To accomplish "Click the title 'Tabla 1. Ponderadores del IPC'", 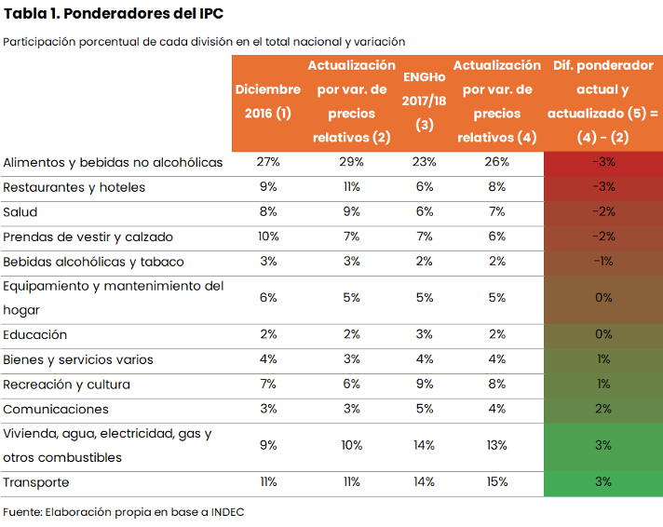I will (114, 14).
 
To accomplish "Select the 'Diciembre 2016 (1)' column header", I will (268, 101).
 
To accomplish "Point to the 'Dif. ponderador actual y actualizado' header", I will (603, 101).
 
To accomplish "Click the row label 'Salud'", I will (20, 212).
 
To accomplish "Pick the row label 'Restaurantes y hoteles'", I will (74, 187).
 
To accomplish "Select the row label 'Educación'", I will (35, 334).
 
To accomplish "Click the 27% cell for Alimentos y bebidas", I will (268, 162).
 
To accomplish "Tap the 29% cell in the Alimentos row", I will (352, 162).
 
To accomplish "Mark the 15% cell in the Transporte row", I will (496, 482).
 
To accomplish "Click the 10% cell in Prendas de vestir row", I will (268, 236).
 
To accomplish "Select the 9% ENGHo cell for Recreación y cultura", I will (425, 384).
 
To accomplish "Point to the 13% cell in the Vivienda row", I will (496, 445).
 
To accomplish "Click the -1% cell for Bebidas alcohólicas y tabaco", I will (603, 262).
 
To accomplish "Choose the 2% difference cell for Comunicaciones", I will (603, 409).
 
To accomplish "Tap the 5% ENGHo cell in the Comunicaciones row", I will (425, 409).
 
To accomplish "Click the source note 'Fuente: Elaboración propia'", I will (123, 512).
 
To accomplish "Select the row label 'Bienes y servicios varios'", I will (78, 359).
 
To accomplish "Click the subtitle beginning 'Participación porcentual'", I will (204, 42).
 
